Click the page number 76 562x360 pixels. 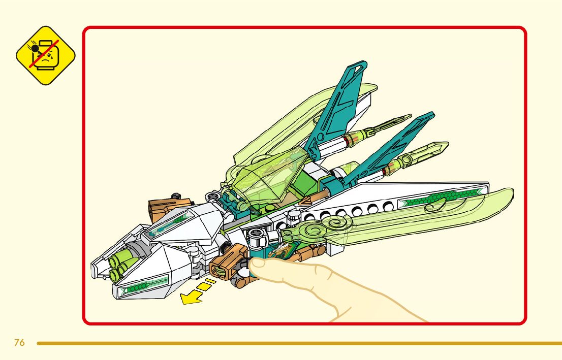coord(19,343)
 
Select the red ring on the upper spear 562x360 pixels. coord(348,139)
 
